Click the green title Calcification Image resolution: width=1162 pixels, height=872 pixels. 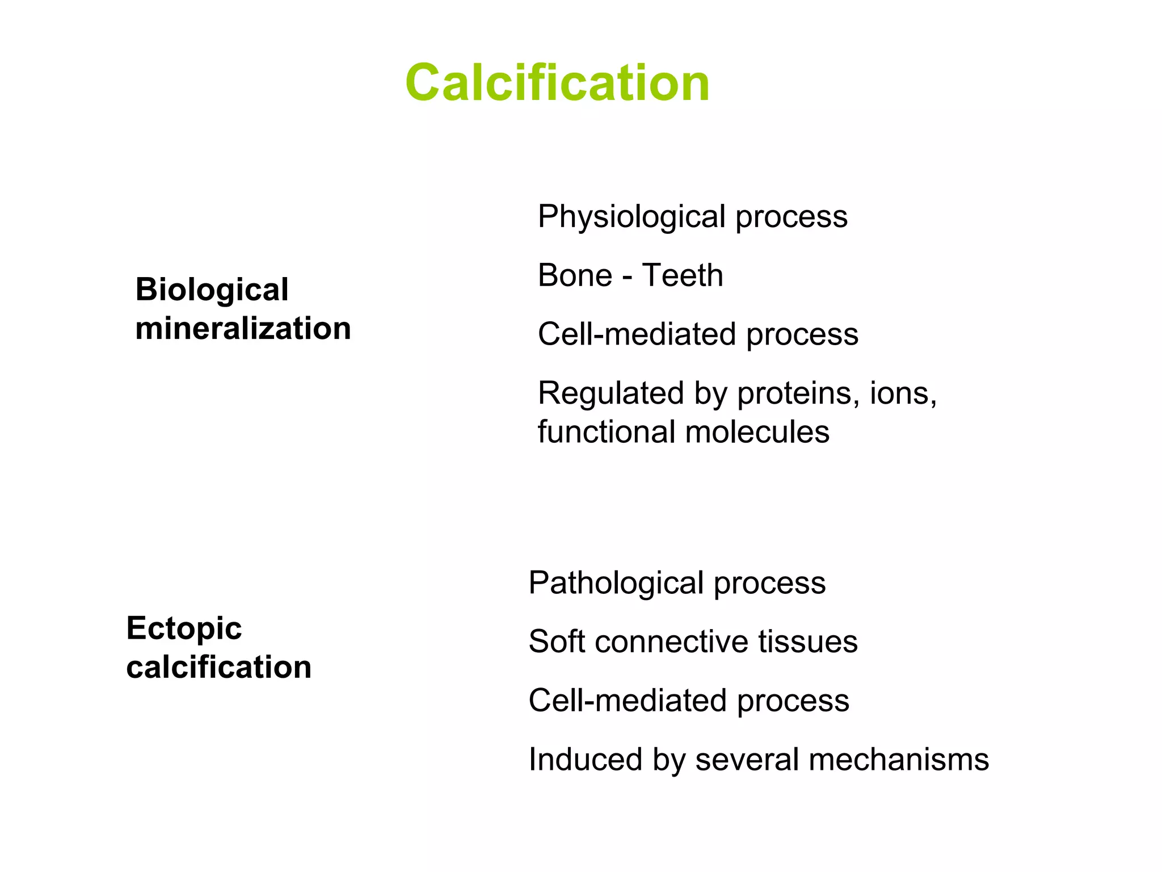557,83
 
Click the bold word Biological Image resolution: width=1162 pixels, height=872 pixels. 212,290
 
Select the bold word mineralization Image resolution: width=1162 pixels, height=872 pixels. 243,328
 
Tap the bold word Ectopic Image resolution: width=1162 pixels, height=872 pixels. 184,628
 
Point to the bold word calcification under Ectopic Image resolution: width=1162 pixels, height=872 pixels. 218,666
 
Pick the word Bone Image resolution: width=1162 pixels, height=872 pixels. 574,275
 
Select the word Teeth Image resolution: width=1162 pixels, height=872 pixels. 683,275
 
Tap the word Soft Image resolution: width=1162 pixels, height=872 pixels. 555,642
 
